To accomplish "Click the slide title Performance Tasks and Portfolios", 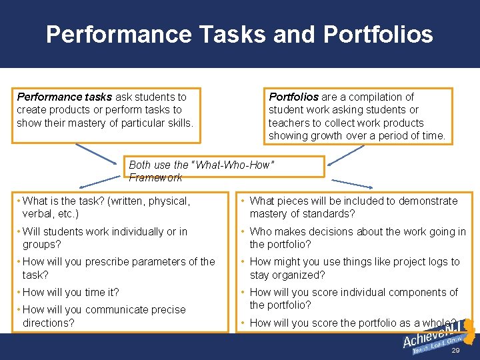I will click(x=239, y=35).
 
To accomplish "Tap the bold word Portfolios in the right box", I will click(x=293, y=97).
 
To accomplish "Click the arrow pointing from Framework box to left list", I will click(x=100, y=181).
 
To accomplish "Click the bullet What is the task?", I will click(x=107, y=207).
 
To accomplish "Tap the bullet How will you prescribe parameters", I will click(x=119, y=268).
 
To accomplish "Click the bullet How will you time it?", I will click(x=71, y=292).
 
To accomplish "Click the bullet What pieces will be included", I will click(x=353, y=207).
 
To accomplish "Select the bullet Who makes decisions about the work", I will click(x=357, y=238).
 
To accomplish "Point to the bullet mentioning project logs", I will click(x=354, y=268).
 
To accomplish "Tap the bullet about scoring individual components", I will click(x=353, y=299).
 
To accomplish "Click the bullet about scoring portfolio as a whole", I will click(x=353, y=323).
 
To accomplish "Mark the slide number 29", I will click(x=455, y=350).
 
